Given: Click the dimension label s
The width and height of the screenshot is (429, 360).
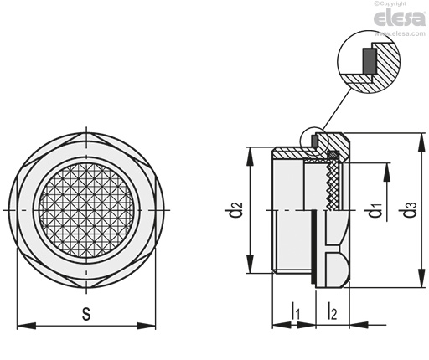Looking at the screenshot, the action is click(86, 314).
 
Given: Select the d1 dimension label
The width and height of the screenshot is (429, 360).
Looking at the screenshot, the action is click(375, 210).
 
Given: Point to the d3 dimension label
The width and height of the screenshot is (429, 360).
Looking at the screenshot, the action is click(410, 209).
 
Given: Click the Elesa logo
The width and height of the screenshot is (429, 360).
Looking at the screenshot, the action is click(400, 18).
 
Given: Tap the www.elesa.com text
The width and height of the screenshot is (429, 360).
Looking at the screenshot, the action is click(400, 33).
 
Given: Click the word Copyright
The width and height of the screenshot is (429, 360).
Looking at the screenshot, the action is click(393, 3).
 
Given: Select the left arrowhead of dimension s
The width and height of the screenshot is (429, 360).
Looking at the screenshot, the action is click(27, 326).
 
